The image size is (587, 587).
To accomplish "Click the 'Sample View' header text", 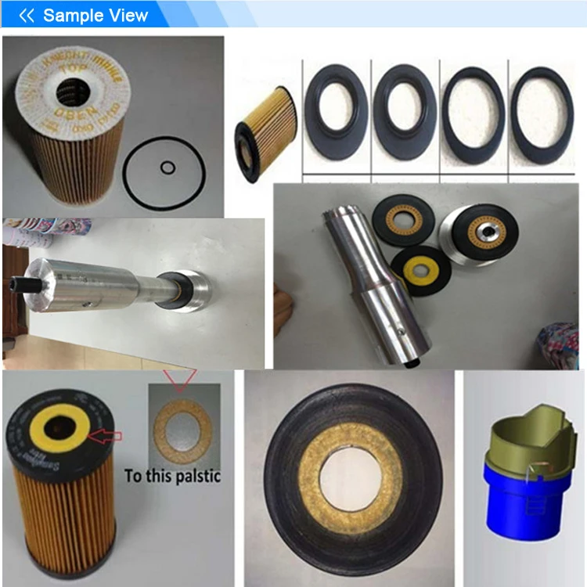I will [x=95, y=15].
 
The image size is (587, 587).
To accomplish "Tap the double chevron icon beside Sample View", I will [x=27, y=15].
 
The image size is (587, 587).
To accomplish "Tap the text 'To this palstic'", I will [x=172, y=475].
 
